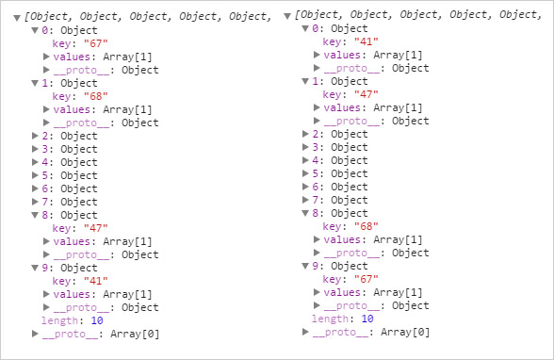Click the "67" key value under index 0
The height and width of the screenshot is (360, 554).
tap(96, 43)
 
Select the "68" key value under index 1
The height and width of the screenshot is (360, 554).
tap(96, 96)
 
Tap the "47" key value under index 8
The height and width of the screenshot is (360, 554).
tap(96, 228)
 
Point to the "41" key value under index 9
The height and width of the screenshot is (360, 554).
tap(96, 281)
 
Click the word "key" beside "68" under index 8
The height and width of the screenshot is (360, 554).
tap(332, 226)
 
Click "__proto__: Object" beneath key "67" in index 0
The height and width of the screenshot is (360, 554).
tap(106, 70)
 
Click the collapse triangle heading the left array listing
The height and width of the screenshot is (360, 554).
tap(18, 17)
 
